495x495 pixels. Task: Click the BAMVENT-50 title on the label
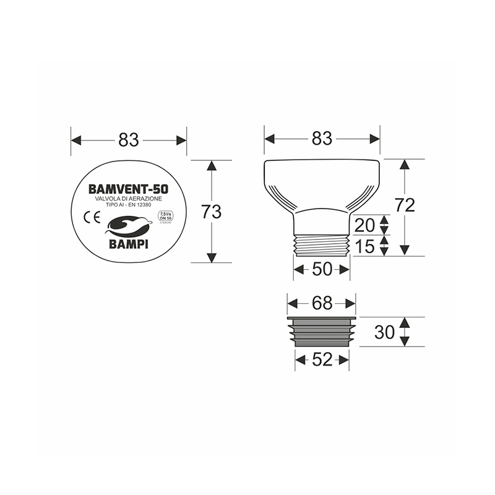point(129,187)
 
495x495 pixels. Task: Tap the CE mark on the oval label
point(88,217)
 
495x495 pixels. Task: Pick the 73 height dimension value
point(212,212)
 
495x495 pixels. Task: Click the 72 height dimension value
point(405,206)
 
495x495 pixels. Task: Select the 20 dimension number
point(366,224)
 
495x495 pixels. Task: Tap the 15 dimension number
point(366,246)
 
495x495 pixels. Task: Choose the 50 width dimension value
point(322,270)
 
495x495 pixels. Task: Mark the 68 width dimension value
point(322,303)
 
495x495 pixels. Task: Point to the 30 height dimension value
point(385,332)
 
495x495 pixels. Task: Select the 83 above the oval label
point(129,140)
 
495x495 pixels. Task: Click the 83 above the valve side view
point(322,139)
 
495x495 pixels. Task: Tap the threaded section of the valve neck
point(322,245)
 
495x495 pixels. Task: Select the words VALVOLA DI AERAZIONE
point(129,197)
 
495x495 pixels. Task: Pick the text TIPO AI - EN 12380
point(129,204)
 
